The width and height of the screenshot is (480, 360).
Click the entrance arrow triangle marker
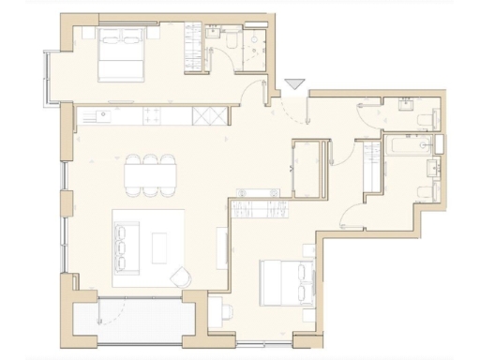pyautogui.click(x=294, y=84)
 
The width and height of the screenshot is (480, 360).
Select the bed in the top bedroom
pyautogui.click(x=121, y=52)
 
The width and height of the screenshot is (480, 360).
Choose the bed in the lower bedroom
pyautogui.click(x=286, y=278)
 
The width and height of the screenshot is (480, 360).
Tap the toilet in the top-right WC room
pyautogui.click(x=427, y=116)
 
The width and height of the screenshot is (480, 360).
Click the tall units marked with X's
pyautogui.click(x=208, y=115)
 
